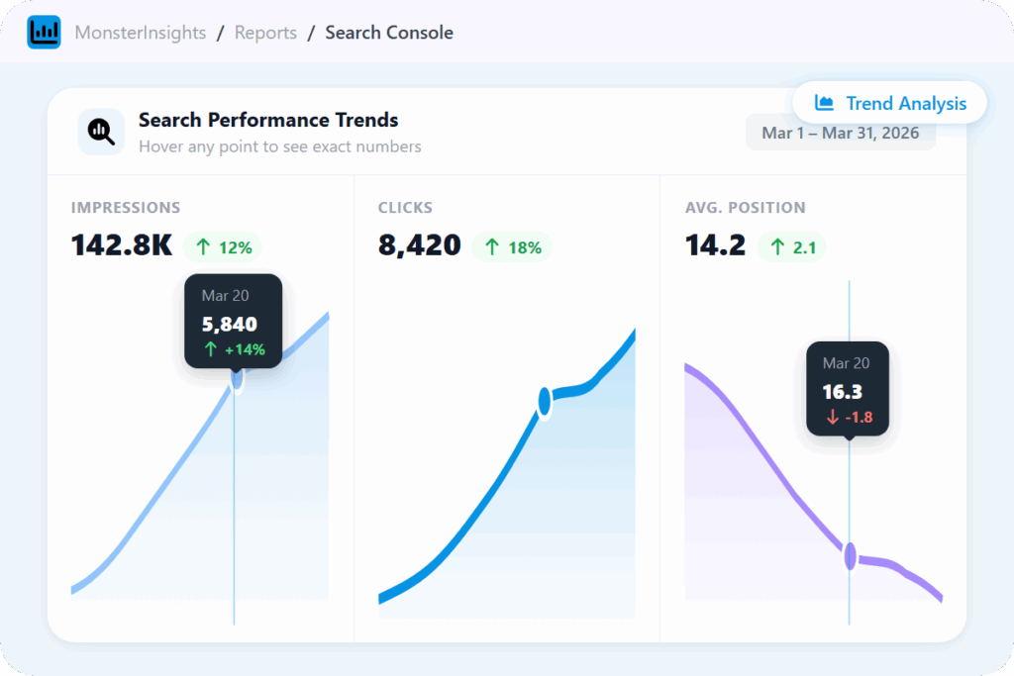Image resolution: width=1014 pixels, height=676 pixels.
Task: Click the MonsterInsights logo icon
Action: pos(44,33)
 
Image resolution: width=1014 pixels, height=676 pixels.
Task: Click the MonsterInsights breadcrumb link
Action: pos(141,33)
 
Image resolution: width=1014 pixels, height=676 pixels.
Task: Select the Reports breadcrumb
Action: pos(265,33)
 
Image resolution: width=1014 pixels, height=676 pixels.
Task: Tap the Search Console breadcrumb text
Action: pos(389,33)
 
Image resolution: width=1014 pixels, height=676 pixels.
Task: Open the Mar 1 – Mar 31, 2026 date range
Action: pos(840,133)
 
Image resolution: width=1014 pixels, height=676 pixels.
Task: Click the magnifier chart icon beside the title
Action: pos(101,132)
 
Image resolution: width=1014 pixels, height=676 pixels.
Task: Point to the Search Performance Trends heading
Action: pos(268,121)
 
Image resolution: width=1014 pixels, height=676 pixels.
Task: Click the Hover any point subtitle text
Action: pos(279,146)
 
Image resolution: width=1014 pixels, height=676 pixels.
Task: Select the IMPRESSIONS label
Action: pos(126,208)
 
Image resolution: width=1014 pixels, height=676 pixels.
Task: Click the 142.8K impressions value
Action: pos(122,245)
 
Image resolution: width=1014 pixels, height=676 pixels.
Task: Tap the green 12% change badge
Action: pos(223,247)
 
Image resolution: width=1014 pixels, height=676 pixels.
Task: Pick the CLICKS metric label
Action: pos(405,208)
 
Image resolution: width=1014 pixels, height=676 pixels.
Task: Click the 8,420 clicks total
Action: pos(420,245)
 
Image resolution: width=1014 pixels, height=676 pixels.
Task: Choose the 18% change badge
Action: pos(512,247)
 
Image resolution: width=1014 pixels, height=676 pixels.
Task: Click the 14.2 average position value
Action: pos(715,245)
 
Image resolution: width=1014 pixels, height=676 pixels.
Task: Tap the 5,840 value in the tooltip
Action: pos(229,324)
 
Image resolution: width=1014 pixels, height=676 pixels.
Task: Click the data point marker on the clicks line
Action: pos(544,401)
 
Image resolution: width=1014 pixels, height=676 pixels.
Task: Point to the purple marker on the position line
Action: pos(850,556)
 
